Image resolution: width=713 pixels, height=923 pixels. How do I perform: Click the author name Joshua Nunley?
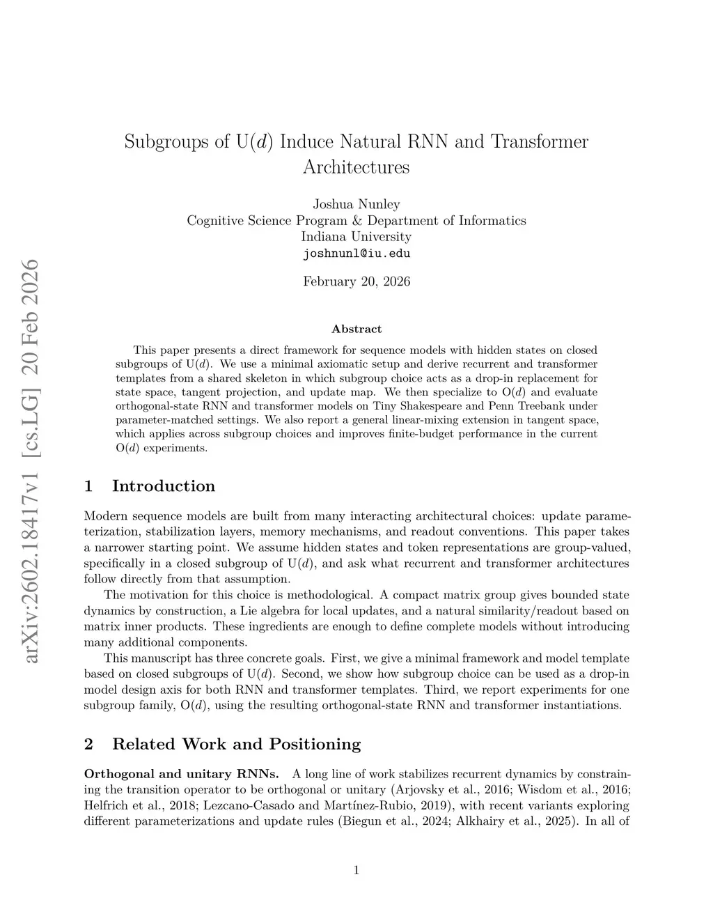pos(356,204)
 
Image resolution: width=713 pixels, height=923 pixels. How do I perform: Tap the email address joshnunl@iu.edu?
pos(356,253)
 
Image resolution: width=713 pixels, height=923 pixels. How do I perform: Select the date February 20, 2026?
pos(356,281)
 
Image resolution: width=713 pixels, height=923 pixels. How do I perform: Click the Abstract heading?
pos(356,329)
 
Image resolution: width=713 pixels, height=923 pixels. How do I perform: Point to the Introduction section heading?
pos(164,486)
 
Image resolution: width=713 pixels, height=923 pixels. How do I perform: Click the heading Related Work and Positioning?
pos(237,744)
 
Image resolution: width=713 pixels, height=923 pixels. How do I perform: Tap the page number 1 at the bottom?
pos(356,869)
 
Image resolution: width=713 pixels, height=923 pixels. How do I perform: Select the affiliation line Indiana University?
pos(356,236)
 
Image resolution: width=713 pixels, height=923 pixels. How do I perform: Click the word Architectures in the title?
pos(356,167)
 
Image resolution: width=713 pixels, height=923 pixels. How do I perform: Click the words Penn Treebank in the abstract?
pos(519,405)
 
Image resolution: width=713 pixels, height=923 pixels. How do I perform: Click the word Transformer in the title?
pos(540,142)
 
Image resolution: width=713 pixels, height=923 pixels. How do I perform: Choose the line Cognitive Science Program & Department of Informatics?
pos(356,220)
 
